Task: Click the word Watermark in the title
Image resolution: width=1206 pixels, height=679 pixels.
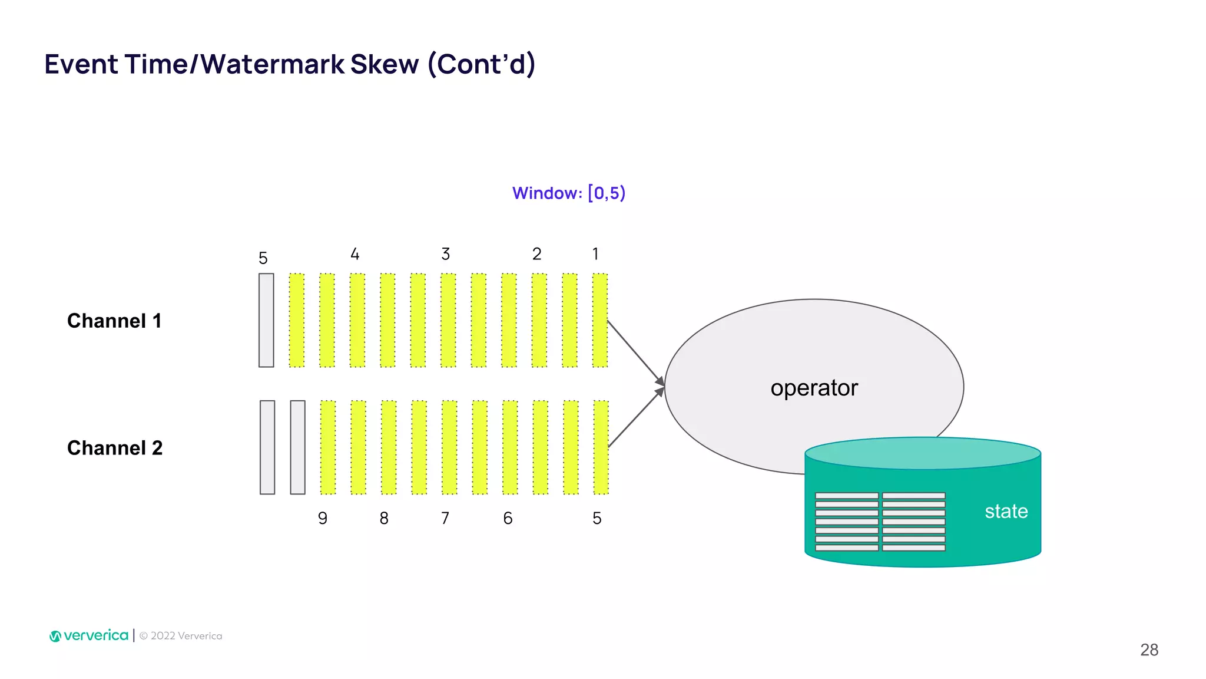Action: click(272, 64)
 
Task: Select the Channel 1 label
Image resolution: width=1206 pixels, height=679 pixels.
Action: click(114, 321)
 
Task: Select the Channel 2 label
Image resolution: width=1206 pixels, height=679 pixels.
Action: click(115, 448)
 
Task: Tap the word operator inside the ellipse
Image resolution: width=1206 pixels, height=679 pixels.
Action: click(814, 388)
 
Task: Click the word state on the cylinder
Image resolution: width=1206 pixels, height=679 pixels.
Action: click(1006, 511)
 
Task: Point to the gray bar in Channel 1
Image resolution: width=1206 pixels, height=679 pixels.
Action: click(266, 320)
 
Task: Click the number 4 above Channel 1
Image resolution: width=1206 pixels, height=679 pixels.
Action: click(354, 254)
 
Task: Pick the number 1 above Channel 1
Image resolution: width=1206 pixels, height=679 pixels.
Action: click(595, 254)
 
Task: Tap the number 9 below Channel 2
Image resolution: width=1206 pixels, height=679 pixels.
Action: click(323, 518)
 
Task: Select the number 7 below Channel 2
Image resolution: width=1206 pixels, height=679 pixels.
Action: click(445, 518)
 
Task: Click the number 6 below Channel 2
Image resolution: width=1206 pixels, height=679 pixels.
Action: click(508, 518)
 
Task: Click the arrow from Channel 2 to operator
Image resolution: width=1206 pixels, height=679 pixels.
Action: click(635, 418)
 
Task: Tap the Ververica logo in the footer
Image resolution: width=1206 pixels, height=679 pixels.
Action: click(89, 635)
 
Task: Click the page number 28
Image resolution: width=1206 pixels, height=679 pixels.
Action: click(1149, 650)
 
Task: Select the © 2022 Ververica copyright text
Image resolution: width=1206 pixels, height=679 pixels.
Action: click(181, 636)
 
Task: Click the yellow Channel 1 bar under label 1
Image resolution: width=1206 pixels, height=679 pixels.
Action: click(600, 320)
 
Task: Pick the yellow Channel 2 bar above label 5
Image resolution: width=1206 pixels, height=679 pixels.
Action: click(601, 447)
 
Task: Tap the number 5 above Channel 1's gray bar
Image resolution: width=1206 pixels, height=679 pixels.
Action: click(263, 258)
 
